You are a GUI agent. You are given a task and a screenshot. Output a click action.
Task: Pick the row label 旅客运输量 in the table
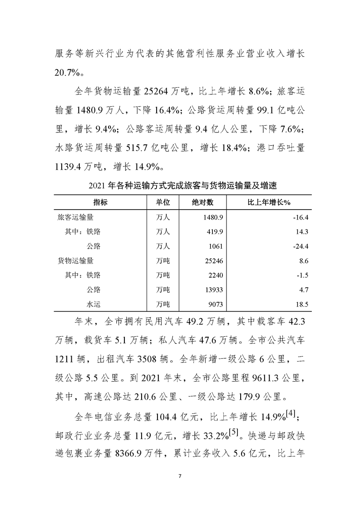tap(76, 217)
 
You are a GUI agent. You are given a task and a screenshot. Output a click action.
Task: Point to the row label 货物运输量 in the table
tap(76, 260)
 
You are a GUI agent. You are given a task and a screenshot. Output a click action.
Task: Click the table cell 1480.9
tap(212, 217)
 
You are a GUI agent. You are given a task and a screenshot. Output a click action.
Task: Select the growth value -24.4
tap(301, 246)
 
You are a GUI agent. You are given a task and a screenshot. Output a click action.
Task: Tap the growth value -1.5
tap(303, 275)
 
